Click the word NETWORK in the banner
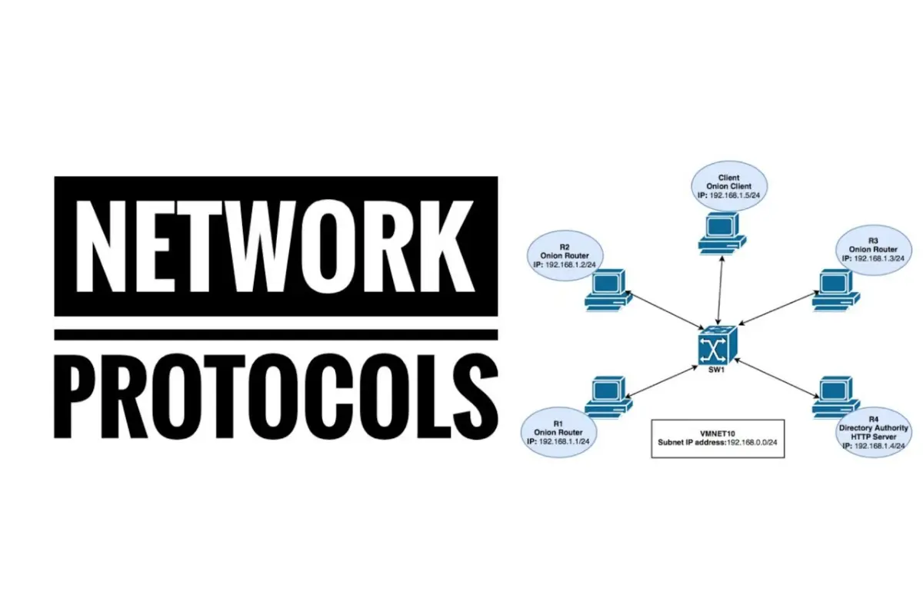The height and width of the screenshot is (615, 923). point(275,246)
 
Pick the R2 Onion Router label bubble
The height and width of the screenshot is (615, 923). point(564,252)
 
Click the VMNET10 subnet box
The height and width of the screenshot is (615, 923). point(717,438)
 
